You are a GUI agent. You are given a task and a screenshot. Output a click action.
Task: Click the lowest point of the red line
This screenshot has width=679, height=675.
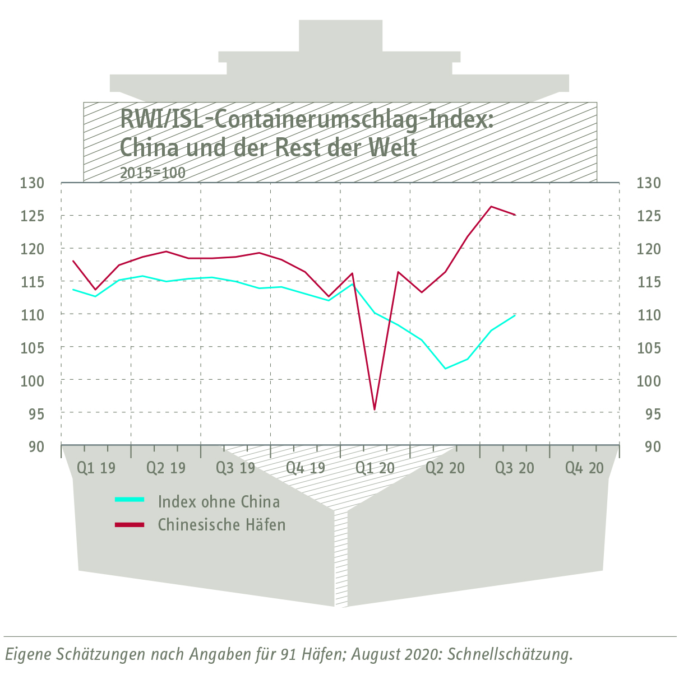375,409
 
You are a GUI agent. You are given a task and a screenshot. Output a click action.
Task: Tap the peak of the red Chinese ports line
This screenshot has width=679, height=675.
491,207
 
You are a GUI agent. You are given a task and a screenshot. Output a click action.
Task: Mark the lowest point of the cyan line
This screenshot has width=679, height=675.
445,369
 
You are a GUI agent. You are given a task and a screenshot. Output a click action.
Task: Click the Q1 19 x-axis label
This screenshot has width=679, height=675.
96,468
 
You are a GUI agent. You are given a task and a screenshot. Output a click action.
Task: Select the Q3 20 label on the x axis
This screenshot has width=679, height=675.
514,468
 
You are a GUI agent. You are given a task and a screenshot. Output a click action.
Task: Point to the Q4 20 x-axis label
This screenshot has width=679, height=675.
584,468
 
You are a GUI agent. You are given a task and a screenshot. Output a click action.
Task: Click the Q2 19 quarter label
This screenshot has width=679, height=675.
165,468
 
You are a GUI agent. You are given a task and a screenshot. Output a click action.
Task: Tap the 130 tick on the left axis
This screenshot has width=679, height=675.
32,183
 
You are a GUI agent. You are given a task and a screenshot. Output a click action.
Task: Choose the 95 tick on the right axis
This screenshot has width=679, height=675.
649,414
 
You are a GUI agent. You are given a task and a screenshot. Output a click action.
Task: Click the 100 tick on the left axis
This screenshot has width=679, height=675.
32,381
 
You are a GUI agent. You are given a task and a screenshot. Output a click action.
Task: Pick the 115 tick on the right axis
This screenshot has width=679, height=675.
649,282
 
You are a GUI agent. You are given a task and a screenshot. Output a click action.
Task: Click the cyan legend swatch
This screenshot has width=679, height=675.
130,499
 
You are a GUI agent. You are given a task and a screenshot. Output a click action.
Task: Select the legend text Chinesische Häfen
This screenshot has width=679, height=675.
221,525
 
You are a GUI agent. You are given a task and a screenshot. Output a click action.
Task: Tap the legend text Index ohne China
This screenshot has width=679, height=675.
219,501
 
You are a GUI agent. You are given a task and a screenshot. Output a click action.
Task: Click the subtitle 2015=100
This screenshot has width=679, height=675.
153,173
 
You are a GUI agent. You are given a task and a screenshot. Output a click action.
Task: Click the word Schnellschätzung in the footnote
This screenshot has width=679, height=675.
510,654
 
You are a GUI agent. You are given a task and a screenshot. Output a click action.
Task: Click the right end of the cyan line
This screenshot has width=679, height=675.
515,315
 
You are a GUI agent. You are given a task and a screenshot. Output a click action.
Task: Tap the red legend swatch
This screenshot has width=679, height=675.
130,525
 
